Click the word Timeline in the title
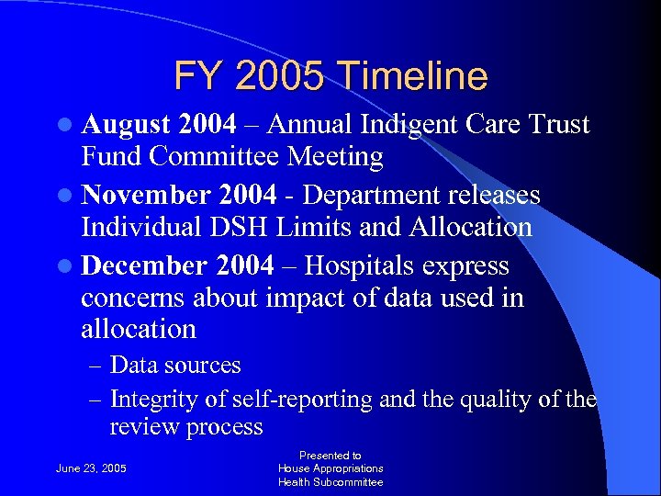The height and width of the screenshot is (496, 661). point(416,76)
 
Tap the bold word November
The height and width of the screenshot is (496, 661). point(145,195)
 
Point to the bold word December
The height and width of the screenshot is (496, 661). point(144,265)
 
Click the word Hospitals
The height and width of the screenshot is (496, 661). point(363,265)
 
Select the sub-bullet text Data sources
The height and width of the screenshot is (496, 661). point(175,365)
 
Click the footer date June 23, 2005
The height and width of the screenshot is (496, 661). point(92,468)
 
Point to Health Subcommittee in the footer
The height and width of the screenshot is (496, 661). point(330,482)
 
